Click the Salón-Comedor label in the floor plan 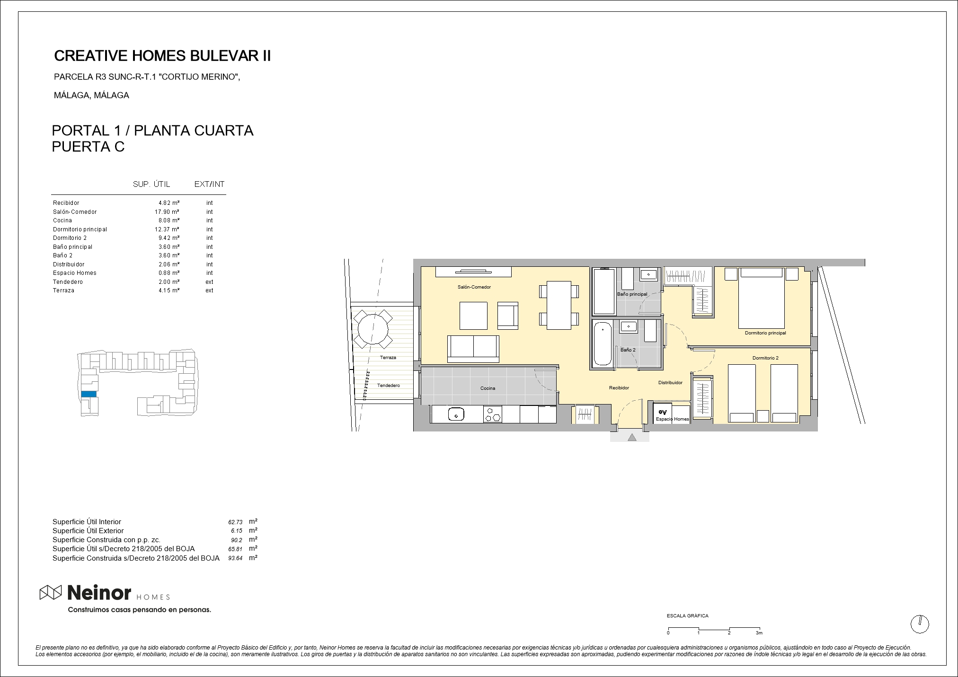(x=474, y=287)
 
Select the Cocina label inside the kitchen (x=488, y=388)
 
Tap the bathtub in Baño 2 (x=603, y=344)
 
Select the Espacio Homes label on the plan (x=672, y=419)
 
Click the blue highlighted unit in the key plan (x=89, y=394)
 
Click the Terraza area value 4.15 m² (x=169, y=290)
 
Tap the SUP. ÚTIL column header (x=151, y=185)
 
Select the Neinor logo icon (x=51, y=592)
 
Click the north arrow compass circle (x=920, y=624)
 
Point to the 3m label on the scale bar (x=759, y=633)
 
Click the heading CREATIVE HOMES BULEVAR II (x=162, y=56)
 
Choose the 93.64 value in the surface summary (x=235, y=558)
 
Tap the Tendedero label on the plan (x=389, y=386)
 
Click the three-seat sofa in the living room (x=473, y=349)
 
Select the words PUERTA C (x=88, y=147)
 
